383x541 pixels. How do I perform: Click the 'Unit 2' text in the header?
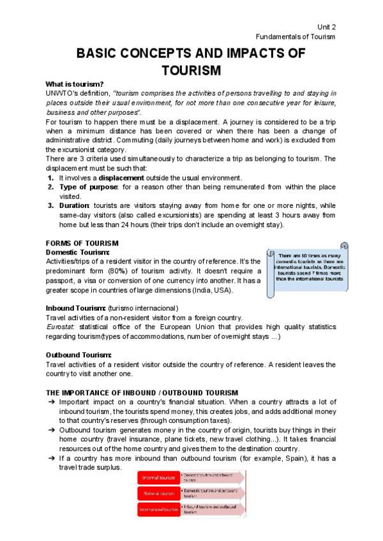[326, 26]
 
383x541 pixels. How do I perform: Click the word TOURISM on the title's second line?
[191, 70]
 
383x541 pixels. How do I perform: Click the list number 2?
[50, 187]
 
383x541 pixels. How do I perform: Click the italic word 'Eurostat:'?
[60, 327]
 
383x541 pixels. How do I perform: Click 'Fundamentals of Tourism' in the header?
[295, 36]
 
